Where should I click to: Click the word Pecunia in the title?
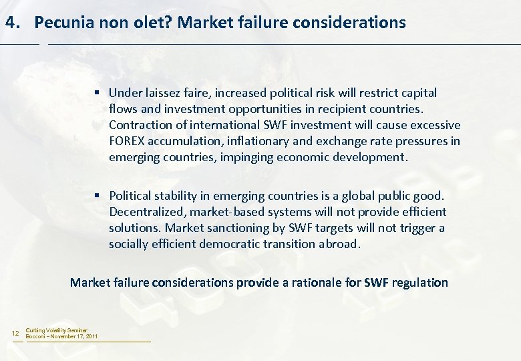coord(62,22)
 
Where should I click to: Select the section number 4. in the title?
coord(13,22)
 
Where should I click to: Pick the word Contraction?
coord(140,125)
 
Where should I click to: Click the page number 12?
coord(16,333)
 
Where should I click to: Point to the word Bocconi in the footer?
coord(35,336)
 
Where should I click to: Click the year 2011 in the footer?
coord(91,336)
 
